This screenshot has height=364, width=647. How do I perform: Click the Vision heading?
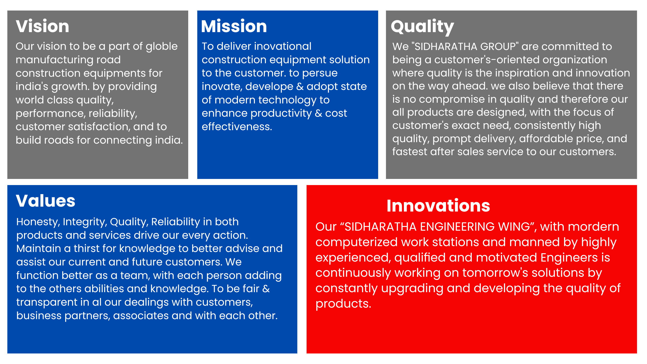click(x=42, y=26)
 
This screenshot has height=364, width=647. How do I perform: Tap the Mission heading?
click(x=234, y=26)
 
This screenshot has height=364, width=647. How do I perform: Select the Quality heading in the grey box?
click(x=423, y=27)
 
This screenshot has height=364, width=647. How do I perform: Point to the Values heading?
click(x=45, y=201)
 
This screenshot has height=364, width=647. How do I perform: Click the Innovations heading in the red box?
click(x=438, y=206)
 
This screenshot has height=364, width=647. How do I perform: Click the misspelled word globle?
click(x=162, y=46)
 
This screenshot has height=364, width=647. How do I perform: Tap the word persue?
click(x=320, y=73)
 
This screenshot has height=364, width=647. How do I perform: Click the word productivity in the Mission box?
click(x=281, y=113)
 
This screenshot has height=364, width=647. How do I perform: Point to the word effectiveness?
click(x=237, y=127)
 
